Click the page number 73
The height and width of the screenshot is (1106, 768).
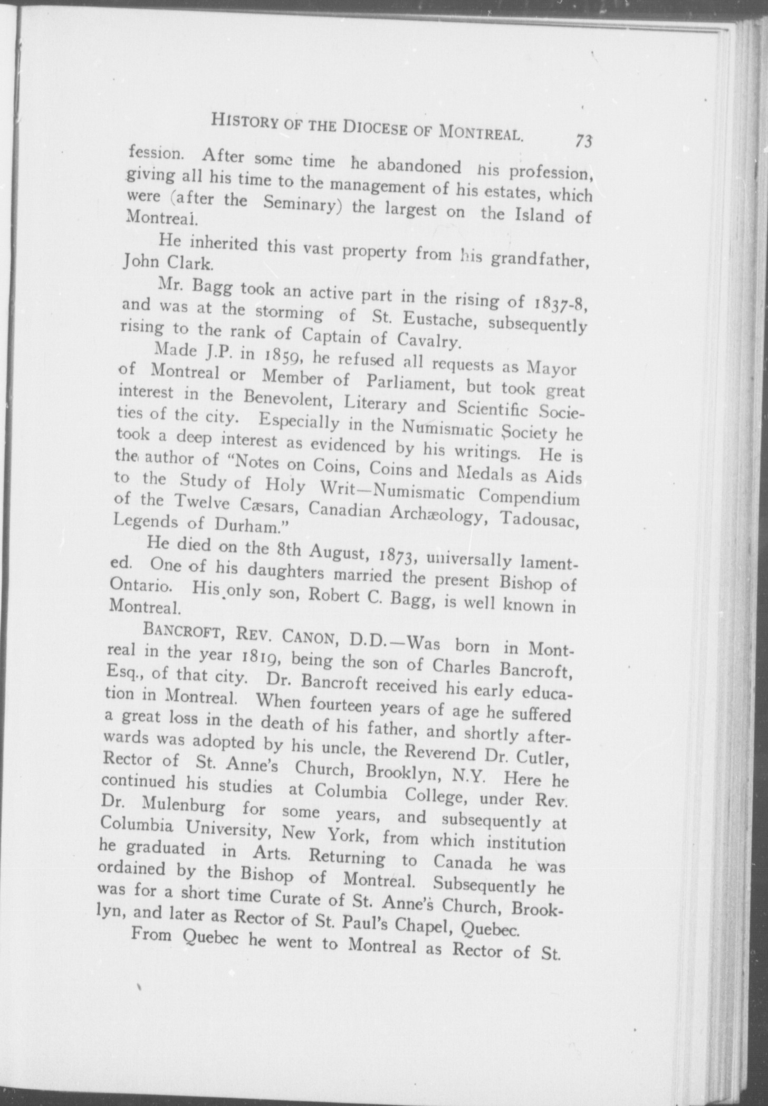[584, 141]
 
